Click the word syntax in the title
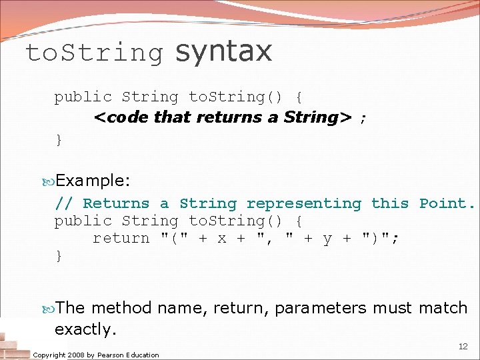tap(223, 52)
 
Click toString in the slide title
tap(94, 53)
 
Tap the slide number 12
tap(463, 347)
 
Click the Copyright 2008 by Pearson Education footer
tap(96, 355)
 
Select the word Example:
tap(93, 180)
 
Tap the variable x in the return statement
tap(222, 239)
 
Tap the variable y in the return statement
tap(327, 239)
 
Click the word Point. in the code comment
tap(447, 203)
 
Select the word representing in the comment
tap(303, 204)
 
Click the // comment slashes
tap(64, 203)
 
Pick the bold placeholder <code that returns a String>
tap(223, 117)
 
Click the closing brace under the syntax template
tap(59, 139)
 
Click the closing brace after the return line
tap(59, 255)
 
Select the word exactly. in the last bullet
tap(86, 329)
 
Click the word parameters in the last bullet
tap(321, 308)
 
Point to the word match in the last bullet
tap(443, 308)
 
